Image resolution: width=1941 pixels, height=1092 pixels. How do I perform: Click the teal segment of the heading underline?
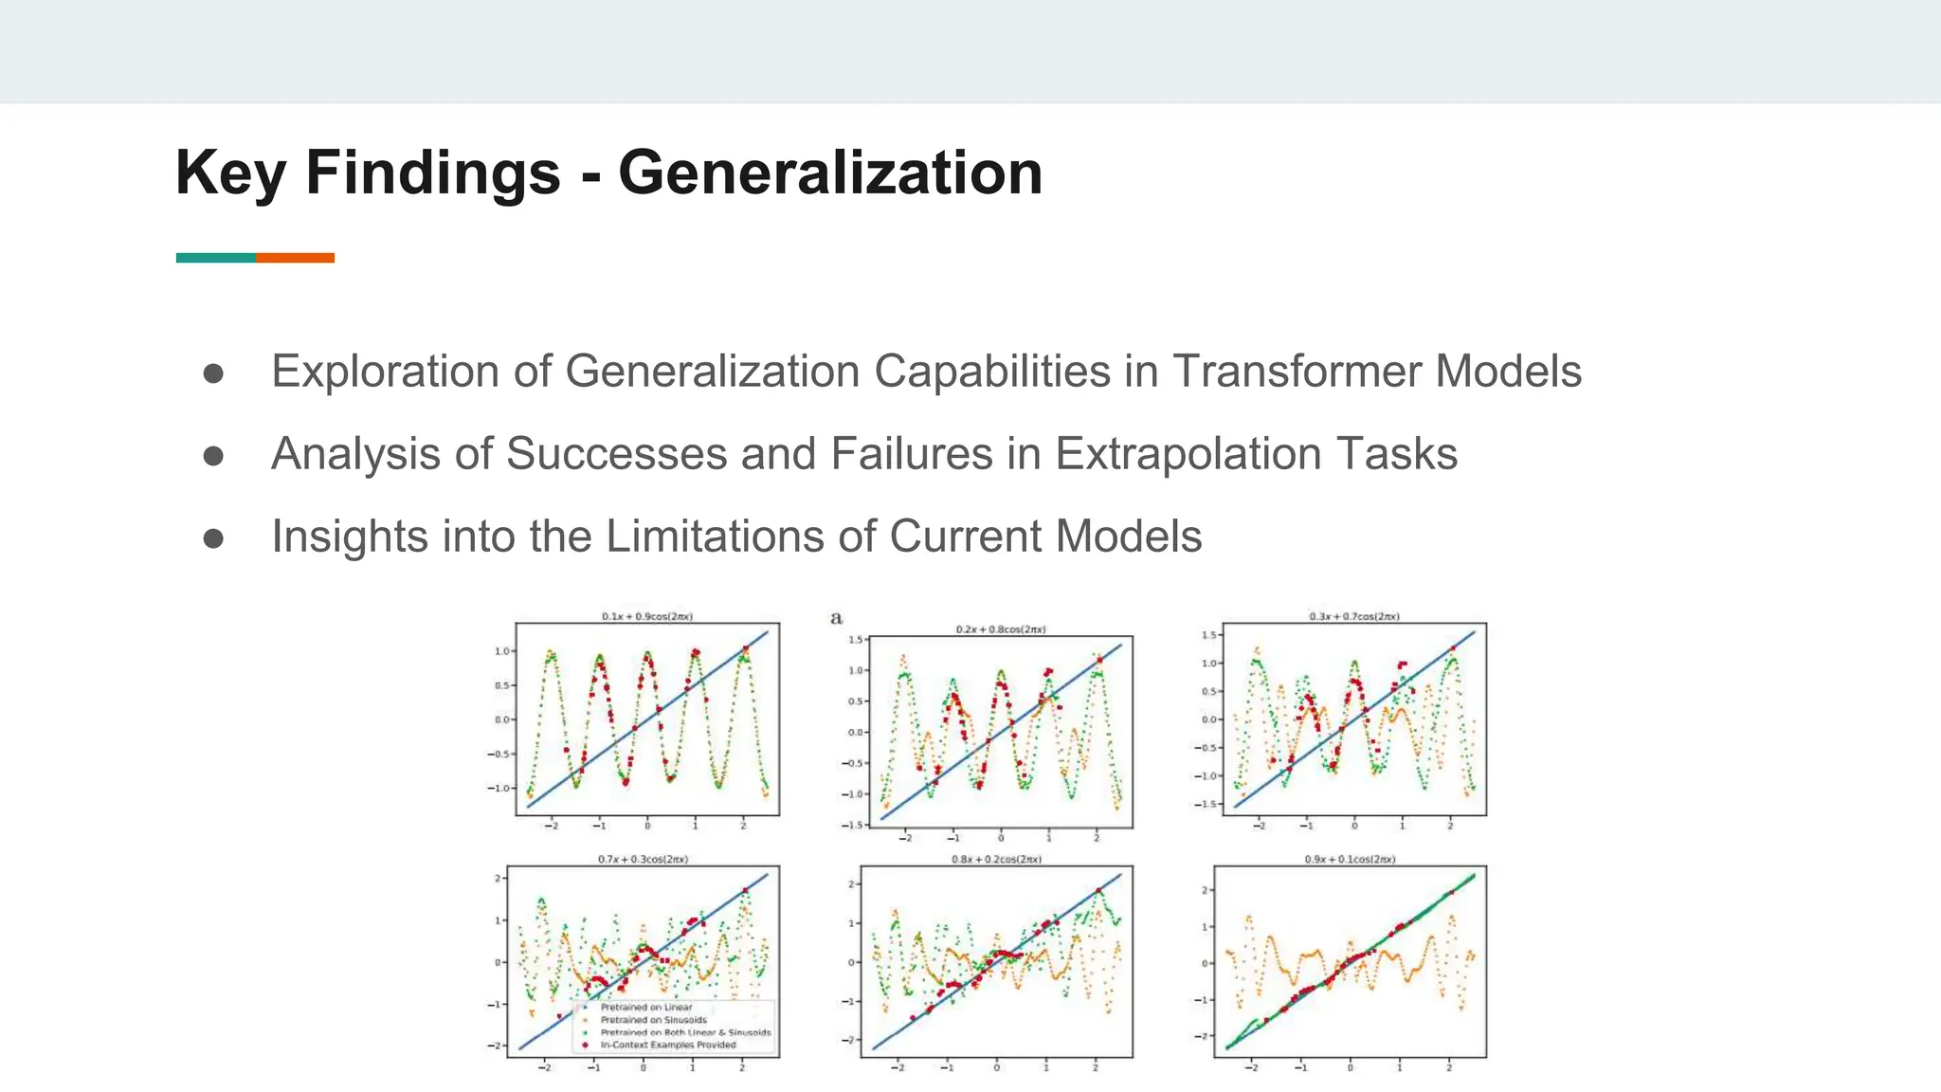pyautogui.click(x=215, y=258)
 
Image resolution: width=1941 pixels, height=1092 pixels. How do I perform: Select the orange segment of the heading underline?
pyautogui.click(x=295, y=258)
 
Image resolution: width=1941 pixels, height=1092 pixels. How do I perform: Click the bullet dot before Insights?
pyautogui.click(x=213, y=538)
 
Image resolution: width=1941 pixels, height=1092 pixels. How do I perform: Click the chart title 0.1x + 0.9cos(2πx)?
pyautogui.click(x=646, y=616)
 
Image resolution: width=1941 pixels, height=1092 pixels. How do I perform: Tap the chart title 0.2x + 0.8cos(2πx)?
pyautogui.click(x=1000, y=629)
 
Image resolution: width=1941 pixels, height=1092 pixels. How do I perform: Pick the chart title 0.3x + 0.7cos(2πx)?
pyautogui.click(x=1353, y=616)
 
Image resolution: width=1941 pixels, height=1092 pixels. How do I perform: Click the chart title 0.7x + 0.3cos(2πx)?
pyautogui.click(x=643, y=859)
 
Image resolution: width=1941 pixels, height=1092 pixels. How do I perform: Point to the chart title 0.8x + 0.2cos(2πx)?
pyautogui.click(x=996, y=859)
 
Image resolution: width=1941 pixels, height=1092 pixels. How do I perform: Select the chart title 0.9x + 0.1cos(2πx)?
pyautogui.click(x=1350, y=859)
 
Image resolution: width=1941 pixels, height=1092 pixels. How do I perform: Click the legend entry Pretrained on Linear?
pyautogui.click(x=646, y=1008)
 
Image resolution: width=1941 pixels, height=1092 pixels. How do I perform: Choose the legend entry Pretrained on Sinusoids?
pyautogui.click(x=653, y=1020)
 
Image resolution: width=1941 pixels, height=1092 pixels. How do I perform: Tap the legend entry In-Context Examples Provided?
pyautogui.click(x=668, y=1045)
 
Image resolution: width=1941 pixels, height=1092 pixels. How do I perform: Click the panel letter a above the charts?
pyautogui.click(x=836, y=618)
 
